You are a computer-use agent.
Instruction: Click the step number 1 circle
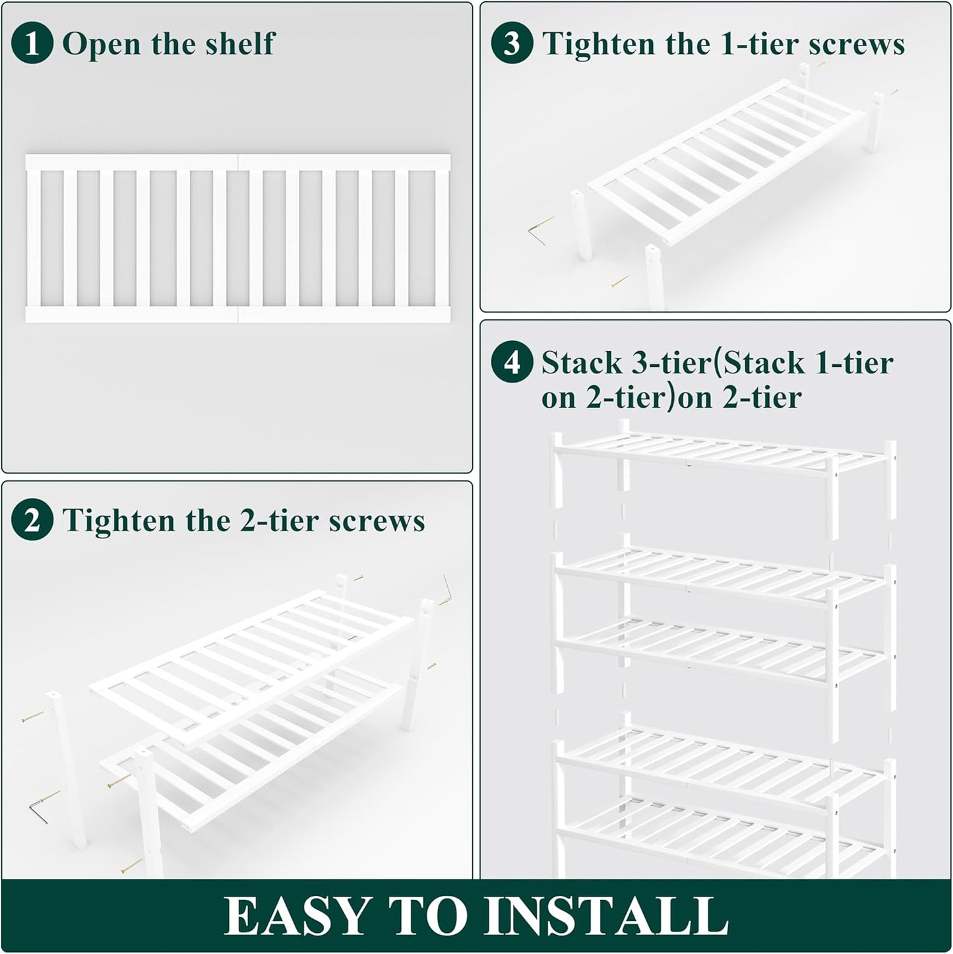tap(32, 44)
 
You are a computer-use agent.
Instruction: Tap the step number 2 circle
tap(32, 521)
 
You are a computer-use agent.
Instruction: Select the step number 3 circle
tap(512, 44)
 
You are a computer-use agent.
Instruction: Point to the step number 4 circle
tap(512, 362)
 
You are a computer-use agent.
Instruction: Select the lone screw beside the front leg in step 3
tap(619, 282)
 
